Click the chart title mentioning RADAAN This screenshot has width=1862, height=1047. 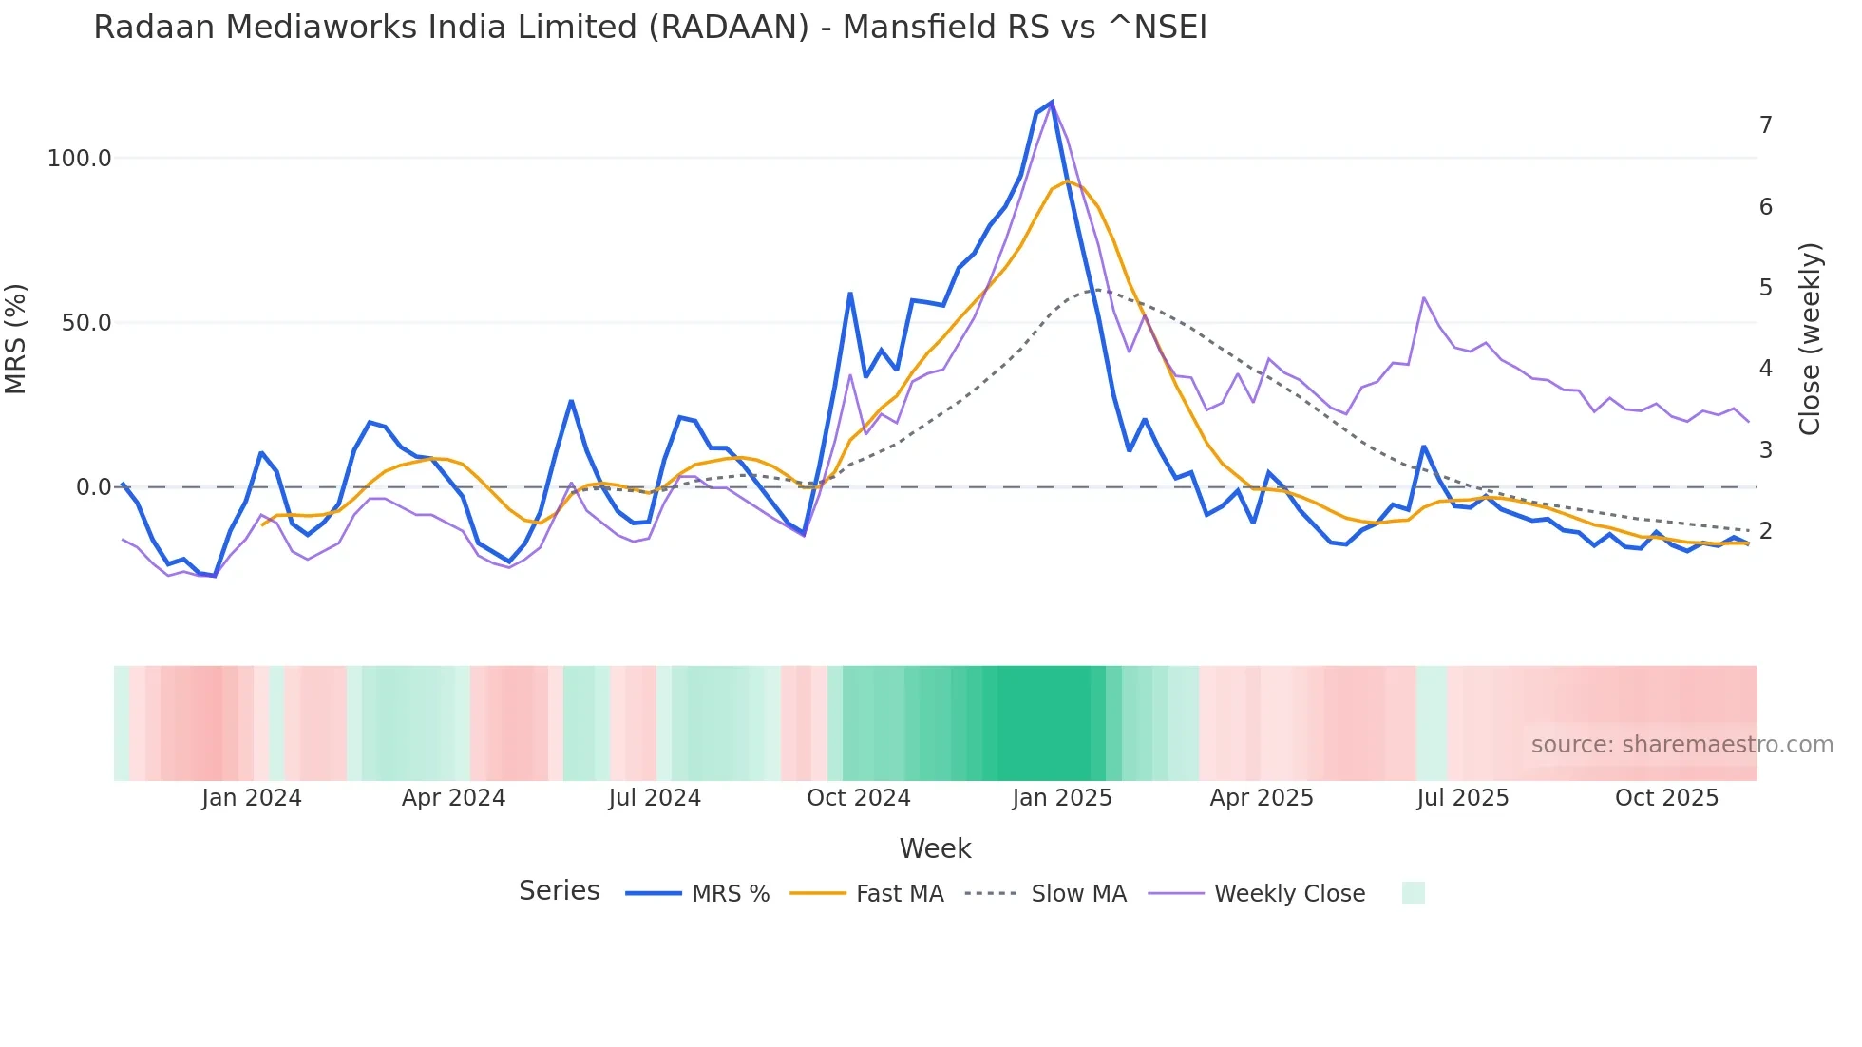tap(650, 28)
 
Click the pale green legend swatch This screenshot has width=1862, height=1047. tap(1413, 893)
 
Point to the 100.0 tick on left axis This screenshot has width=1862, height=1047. tap(80, 159)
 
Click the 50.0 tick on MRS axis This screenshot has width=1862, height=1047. tap(86, 323)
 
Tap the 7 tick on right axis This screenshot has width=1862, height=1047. tap(1765, 125)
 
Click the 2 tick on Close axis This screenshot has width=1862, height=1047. tap(1765, 531)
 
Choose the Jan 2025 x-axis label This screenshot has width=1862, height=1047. tap(1061, 798)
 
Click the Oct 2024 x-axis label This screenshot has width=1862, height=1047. tap(858, 798)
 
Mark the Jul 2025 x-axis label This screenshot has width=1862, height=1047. tap(1462, 798)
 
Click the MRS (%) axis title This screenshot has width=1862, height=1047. tap(16, 339)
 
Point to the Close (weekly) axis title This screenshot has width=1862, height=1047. tap(1810, 339)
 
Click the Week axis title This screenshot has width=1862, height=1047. tap(935, 848)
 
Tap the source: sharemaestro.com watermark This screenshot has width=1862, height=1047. tap(1681, 745)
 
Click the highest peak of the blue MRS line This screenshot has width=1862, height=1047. tap(1052, 102)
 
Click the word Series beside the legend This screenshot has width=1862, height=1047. tap(559, 891)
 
